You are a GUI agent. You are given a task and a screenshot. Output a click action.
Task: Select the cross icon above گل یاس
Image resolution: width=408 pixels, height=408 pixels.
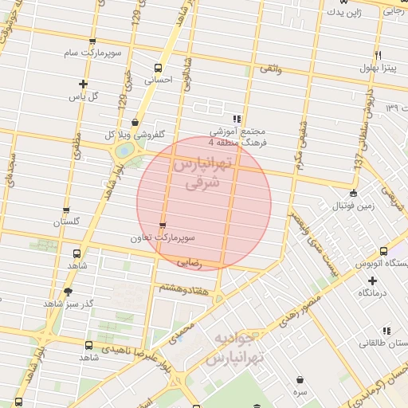[x=83, y=84]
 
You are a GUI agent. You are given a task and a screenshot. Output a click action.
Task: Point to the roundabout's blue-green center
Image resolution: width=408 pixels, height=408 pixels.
[x=124, y=149]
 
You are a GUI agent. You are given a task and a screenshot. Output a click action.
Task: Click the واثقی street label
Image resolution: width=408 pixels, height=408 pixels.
[x=269, y=69]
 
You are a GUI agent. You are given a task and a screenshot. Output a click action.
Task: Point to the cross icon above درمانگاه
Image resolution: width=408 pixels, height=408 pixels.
[x=371, y=280]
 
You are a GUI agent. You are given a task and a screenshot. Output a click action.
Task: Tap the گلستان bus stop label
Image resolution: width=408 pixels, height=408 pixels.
[x=67, y=222]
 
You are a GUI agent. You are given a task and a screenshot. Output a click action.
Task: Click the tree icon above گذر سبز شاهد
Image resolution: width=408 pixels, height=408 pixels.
[x=68, y=292]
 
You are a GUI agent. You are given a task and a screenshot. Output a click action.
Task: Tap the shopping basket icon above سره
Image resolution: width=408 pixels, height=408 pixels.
[x=300, y=380]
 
